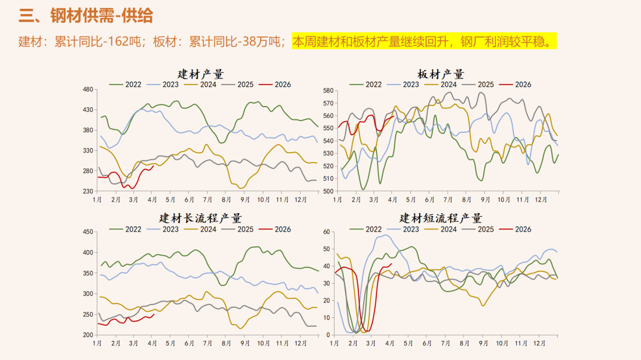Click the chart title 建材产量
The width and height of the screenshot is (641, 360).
click(x=200, y=75)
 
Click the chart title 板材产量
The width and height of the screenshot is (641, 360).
click(x=441, y=75)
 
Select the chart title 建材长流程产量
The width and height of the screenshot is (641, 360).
click(x=200, y=218)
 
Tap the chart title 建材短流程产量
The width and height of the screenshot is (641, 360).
click(x=441, y=218)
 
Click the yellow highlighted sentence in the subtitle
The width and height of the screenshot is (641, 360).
click(x=424, y=42)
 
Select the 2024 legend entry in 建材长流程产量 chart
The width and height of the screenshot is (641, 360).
click(x=208, y=229)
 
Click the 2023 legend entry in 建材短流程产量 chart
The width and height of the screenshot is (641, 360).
click(x=411, y=229)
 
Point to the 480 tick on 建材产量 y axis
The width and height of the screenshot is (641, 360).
click(x=88, y=90)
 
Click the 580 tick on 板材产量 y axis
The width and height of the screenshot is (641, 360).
click(x=327, y=91)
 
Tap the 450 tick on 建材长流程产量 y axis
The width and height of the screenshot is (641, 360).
click(x=88, y=232)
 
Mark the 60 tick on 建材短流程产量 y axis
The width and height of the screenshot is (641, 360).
click(x=327, y=232)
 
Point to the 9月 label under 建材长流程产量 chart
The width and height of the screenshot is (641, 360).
click(x=244, y=344)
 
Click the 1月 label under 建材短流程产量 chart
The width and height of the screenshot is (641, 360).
click(x=334, y=344)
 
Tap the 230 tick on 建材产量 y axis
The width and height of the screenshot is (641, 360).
click(x=88, y=192)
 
